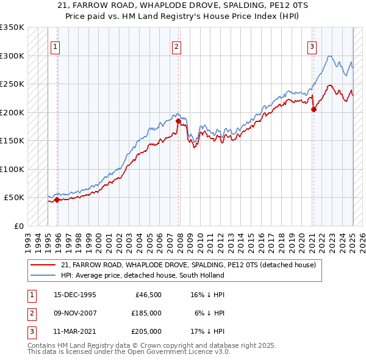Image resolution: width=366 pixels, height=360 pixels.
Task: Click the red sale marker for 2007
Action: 179,121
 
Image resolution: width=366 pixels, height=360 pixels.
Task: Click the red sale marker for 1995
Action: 57,200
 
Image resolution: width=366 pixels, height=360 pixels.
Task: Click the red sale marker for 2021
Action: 314,110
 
